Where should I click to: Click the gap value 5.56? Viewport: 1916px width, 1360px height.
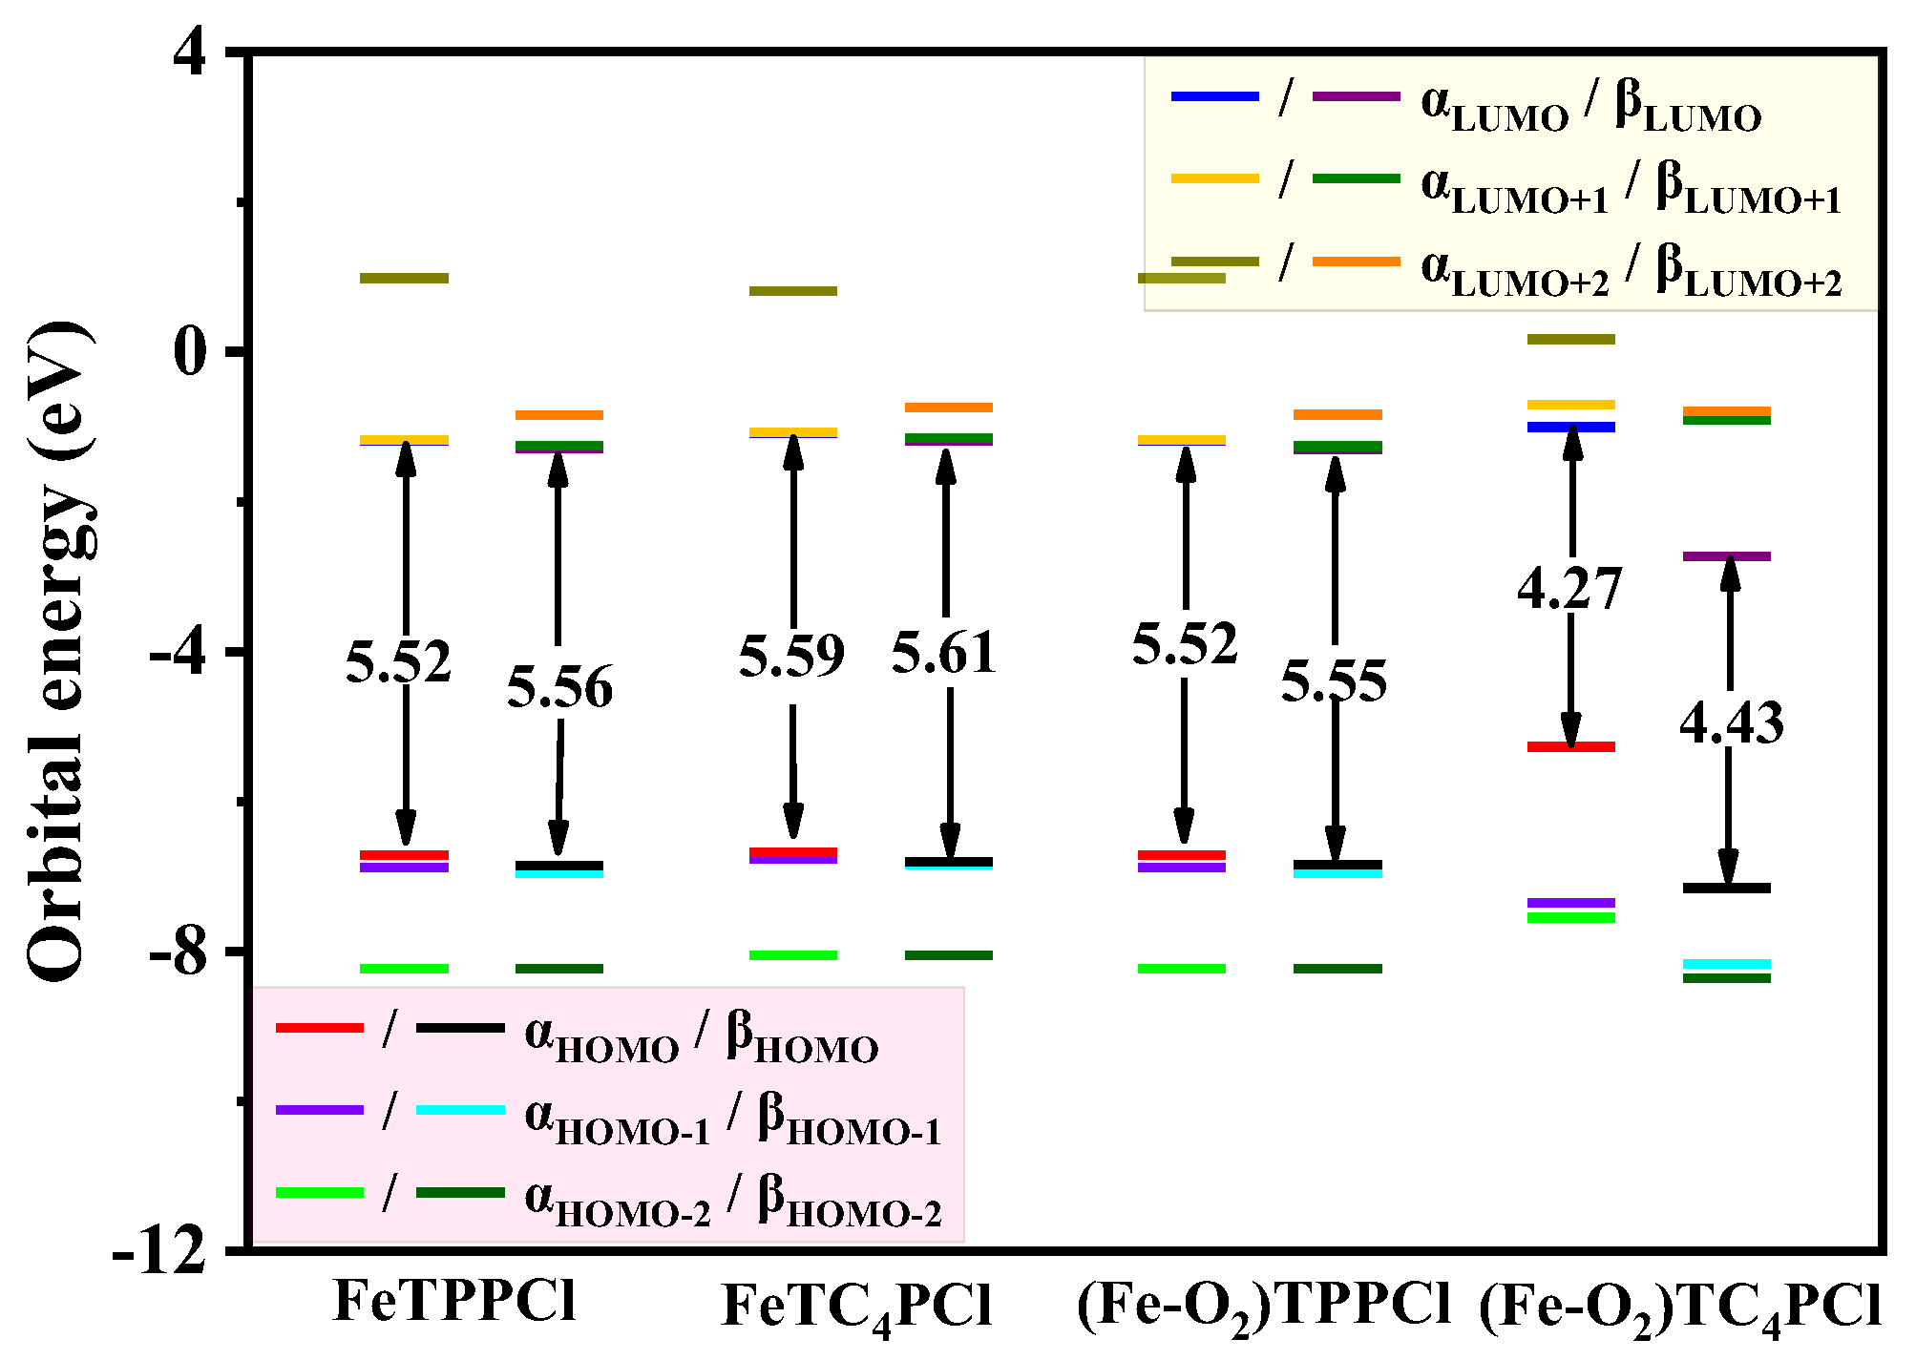tap(559, 687)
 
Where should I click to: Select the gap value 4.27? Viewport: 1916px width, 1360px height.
tap(1569, 588)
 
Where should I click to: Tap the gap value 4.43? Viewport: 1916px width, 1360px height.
tap(1731, 722)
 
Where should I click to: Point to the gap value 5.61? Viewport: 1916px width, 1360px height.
tap(944, 654)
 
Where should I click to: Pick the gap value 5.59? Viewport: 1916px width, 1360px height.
tap(791, 656)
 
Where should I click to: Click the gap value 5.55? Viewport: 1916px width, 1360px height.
tap(1334, 681)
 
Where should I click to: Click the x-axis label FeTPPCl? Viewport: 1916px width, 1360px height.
tap(455, 1301)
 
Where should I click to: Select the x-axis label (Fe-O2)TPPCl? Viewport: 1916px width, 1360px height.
tap(1264, 1306)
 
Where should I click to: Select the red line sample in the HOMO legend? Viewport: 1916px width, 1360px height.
tap(320, 1028)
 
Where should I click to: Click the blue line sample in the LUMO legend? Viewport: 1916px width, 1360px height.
tap(1214, 96)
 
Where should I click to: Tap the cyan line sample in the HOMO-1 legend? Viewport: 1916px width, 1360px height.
tap(460, 1110)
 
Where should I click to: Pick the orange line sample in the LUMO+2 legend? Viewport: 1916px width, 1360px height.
tap(1356, 262)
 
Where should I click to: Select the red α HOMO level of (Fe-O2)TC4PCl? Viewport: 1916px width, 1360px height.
tap(1570, 746)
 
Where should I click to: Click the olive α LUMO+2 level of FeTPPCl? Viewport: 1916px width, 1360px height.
tap(404, 279)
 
